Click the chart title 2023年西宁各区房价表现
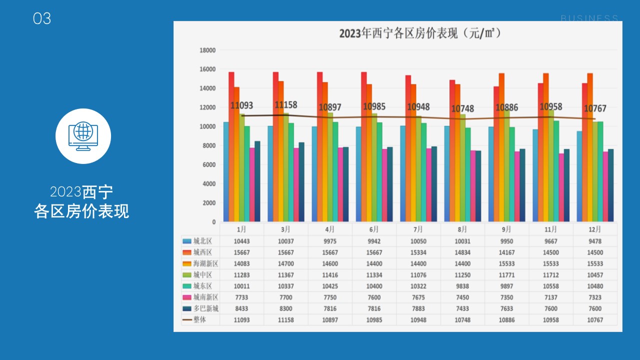point(420,33)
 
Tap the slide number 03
point(42,19)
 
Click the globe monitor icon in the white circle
point(83,136)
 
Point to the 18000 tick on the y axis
point(207,50)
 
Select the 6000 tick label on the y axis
point(209,164)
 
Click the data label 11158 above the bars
point(286,105)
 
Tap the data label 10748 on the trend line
point(462,108)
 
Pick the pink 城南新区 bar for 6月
point(384,185)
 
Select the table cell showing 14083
point(241,263)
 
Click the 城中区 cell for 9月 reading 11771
point(506,274)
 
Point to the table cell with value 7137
point(550,297)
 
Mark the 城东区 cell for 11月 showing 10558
point(550,286)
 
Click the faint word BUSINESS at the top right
point(589,18)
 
